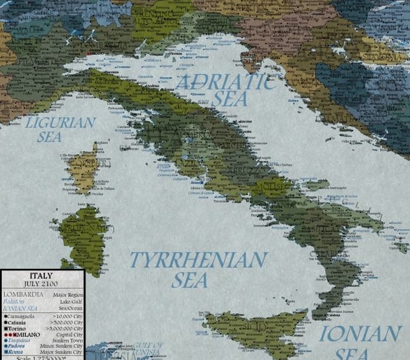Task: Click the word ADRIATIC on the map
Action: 225,82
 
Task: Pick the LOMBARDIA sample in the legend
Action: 22,294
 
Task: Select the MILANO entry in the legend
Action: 27,334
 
